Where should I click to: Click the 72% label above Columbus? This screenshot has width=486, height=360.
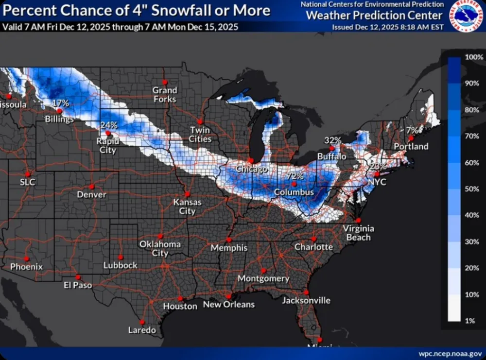(x=295, y=176)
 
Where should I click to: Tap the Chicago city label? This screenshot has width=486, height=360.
(x=252, y=169)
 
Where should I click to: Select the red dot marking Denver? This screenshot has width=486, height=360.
(x=92, y=186)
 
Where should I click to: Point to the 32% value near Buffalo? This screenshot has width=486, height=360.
(x=333, y=140)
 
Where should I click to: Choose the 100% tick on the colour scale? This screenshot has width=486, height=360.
(x=473, y=57)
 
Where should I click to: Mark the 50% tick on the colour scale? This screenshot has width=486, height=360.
(x=472, y=189)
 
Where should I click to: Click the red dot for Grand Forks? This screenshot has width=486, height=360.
(x=165, y=82)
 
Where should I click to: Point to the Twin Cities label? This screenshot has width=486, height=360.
(x=200, y=135)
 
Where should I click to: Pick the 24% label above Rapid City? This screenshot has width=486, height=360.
(x=109, y=125)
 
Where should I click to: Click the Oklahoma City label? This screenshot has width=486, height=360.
(x=160, y=248)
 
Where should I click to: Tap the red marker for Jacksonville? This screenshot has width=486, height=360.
(x=306, y=292)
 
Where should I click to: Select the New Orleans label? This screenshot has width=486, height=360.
(x=228, y=305)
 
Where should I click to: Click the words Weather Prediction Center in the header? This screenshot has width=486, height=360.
(x=374, y=16)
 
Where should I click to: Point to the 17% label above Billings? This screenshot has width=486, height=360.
(x=61, y=103)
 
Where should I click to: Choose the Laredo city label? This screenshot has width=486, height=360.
(x=142, y=330)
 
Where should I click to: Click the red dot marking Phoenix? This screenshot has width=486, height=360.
(x=27, y=258)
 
